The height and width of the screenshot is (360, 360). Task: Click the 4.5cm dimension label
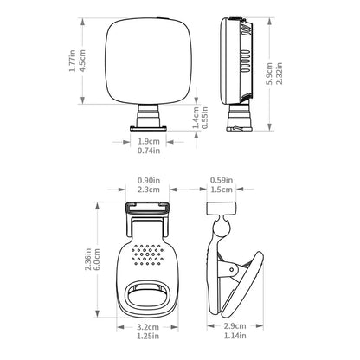coord(82,61)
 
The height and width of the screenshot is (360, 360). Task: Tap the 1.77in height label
coord(73,61)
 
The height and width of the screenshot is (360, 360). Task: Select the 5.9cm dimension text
coord(269,74)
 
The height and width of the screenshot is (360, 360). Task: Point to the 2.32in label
coord(280,74)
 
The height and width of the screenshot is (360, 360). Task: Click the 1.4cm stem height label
coord(196,118)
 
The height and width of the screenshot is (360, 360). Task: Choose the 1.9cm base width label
coord(149,142)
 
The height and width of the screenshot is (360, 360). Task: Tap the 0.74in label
coord(149,151)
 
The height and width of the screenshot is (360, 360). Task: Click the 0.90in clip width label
coord(149,181)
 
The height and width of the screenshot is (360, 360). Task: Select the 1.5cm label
coord(222,190)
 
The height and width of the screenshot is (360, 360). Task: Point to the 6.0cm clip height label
coord(97,260)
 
